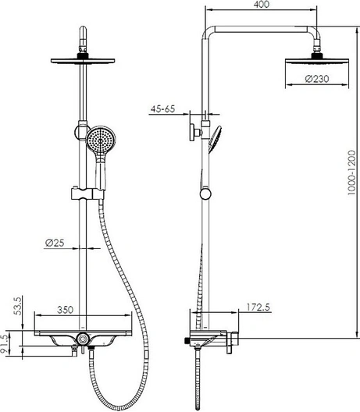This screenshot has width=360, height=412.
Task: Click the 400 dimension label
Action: tap(262, 5)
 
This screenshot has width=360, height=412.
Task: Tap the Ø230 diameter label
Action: tap(317, 79)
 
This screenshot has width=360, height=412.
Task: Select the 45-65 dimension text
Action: tap(162, 108)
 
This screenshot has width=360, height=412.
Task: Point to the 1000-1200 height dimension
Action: tap(351, 172)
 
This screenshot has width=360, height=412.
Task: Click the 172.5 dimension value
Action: tap(258, 307)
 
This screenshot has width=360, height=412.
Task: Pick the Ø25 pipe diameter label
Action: tap(55, 243)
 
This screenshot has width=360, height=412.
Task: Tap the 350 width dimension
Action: tap(65, 310)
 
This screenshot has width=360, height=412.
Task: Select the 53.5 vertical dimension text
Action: tap(18, 306)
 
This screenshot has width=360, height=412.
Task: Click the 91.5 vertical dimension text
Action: tap(5, 345)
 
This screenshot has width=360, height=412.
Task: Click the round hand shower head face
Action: tap(101, 140)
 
